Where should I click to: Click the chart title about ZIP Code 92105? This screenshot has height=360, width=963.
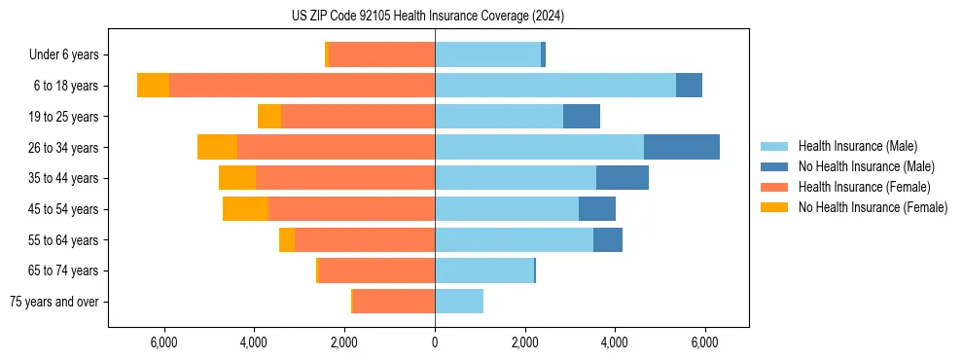click(x=427, y=17)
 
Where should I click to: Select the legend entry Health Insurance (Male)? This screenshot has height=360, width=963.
click(x=856, y=146)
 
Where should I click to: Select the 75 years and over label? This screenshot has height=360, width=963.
click(x=54, y=302)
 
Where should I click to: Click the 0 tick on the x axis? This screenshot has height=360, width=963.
click(x=435, y=342)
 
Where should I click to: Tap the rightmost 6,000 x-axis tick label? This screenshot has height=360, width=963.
click(x=705, y=342)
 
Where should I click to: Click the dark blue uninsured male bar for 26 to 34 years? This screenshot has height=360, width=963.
click(x=682, y=147)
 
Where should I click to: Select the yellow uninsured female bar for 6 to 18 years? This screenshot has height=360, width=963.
click(x=153, y=86)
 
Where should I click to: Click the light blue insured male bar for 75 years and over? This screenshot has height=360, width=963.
click(x=459, y=301)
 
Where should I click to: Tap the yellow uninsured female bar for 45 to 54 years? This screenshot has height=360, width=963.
click(x=245, y=209)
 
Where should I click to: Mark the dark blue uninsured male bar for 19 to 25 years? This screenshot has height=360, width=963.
click(x=582, y=117)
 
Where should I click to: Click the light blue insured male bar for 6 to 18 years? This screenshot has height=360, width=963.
click(x=555, y=86)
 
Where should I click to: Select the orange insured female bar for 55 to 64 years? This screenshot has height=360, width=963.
click(x=365, y=239)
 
